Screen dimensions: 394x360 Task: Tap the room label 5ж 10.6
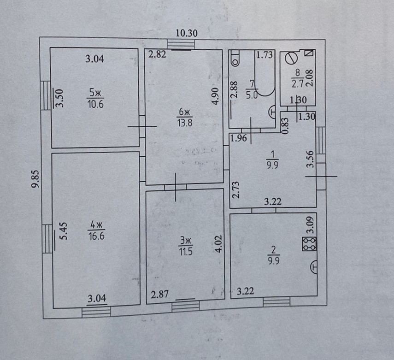95,98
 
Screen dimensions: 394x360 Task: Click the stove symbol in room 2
309,244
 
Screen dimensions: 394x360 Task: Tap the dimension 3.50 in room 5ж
59,98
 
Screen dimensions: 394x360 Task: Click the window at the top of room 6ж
181,44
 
